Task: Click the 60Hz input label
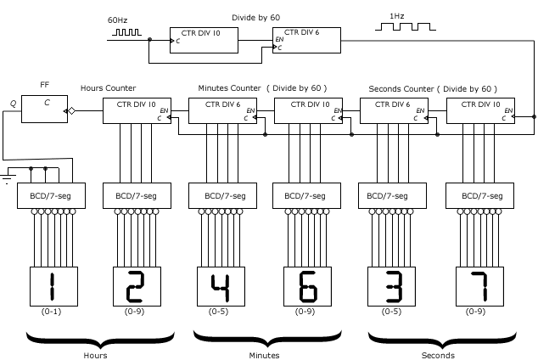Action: point(117,19)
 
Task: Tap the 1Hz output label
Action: point(396,16)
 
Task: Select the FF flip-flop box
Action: point(44,110)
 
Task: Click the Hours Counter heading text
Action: point(108,88)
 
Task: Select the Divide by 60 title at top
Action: point(256,17)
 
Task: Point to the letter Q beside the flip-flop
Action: point(13,104)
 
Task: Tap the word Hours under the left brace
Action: point(94,355)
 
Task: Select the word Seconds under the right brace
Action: point(437,355)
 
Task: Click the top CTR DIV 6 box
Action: point(306,40)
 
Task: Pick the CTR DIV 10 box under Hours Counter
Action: point(136,111)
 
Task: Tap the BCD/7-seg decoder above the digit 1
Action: point(51,196)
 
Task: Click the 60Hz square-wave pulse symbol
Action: point(124,35)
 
